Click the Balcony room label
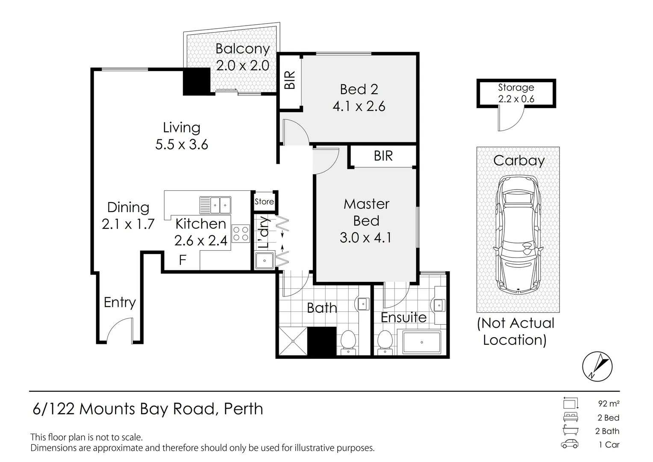[x=243, y=49]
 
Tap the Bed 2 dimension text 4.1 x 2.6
[x=359, y=106]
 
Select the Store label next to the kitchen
[x=264, y=201]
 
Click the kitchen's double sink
[x=215, y=205]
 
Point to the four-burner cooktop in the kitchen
[x=241, y=234]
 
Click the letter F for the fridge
[x=182, y=260]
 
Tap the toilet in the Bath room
[x=348, y=342]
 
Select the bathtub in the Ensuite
[x=421, y=342]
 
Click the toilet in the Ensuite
[x=385, y=342]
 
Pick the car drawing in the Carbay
[x=518, y=234]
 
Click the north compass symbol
[x=597, y=367]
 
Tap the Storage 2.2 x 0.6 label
[x=516, y=93]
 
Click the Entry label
[x=120, y=302]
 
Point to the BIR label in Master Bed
[x=383, y=156]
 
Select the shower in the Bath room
[x=293, y=341]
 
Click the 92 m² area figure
[x=609, y=404]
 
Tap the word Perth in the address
[x=244, y=409]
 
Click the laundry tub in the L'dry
[x=264, y=261]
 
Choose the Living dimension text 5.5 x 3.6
[x=182, y=145]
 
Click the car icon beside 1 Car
[x=570, y=444]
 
